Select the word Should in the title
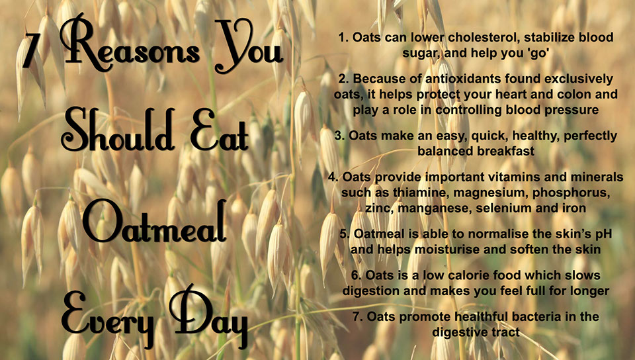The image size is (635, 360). (x=118, y=130)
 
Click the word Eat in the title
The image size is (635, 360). (x=219, y=130)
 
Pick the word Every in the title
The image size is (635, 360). (x=108, y=318)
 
